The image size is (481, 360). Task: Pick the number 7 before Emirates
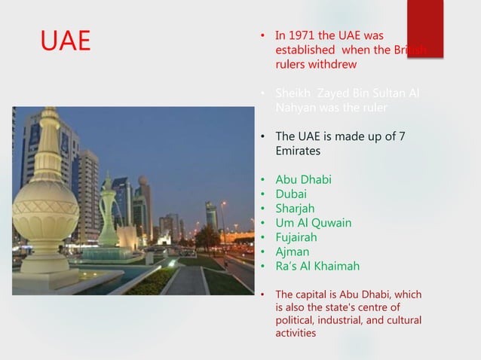(x=401, y=136)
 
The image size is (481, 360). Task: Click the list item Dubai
(x=292, y=194)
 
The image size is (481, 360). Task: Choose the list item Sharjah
(x=296, y=209)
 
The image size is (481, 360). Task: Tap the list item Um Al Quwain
(x=313, y=223)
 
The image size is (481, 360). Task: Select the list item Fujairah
(x=299, y=237)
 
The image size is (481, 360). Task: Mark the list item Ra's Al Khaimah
(x=317, y=266)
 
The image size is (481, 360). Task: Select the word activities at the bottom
(x=296, y=335)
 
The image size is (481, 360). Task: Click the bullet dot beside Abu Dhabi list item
(x=262, y=180)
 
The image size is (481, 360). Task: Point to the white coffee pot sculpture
(x=109, y=218)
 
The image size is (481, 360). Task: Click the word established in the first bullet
(x=304, y=50)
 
